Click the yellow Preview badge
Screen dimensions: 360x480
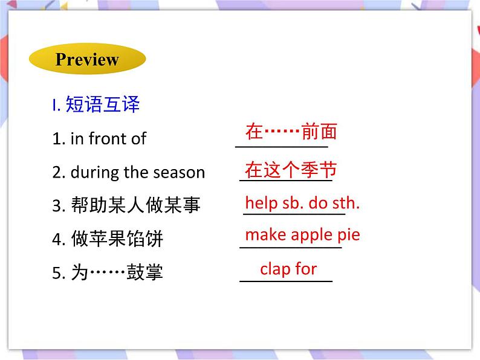click(87, 59)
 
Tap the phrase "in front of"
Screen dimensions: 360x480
click(108, 138)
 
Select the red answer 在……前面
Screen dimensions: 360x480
click(291, 131)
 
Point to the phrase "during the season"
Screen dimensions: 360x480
click(138, 172)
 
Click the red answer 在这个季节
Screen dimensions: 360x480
click(291, 170)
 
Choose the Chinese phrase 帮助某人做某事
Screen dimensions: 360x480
click(135, 205)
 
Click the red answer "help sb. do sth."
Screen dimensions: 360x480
click(302, 203)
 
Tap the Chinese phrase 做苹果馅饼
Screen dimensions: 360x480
click(117, 239)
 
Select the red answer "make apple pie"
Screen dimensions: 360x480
click(302, 234)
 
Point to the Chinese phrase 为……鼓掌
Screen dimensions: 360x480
click(117, 273)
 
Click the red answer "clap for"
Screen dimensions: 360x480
click(288, 268)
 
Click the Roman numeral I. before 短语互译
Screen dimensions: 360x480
click(56, 106)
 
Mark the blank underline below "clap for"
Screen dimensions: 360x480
click(286, 281)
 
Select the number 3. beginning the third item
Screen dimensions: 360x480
click(58, 206)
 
